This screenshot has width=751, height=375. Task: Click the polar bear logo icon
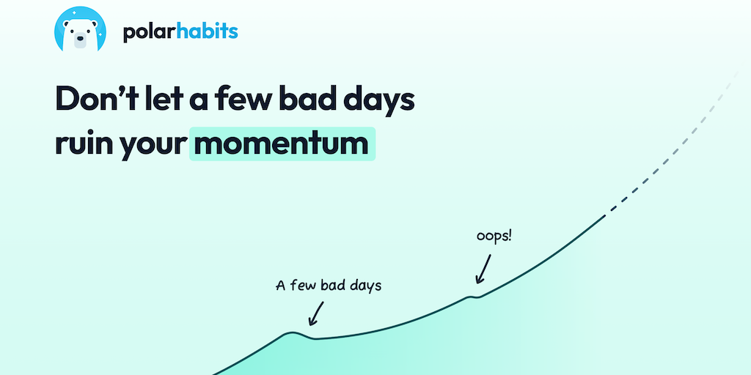[80, 29]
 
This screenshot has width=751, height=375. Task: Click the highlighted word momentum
[282, 144]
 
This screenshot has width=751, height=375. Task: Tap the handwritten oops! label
[494, 237]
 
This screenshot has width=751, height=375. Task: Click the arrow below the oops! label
[483, 268]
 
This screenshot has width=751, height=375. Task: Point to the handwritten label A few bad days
[329, 286]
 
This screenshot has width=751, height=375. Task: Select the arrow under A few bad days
[316, 313]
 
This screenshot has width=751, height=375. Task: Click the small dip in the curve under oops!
[475, 297]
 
